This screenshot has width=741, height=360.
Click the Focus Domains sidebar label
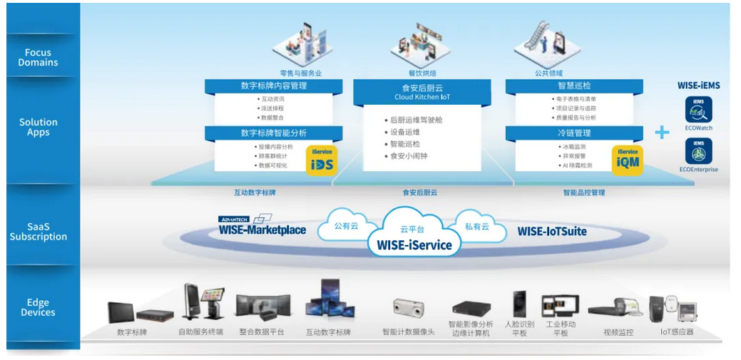point(38,57)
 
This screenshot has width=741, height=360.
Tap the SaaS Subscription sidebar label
point(38,232)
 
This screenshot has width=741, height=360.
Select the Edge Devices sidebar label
point(38,307)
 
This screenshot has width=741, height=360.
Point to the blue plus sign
point(663,132)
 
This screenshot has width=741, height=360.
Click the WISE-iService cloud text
point(409,245)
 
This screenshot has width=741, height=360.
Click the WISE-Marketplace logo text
point(262,230)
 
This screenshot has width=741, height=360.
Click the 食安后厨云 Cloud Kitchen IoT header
point(421,91)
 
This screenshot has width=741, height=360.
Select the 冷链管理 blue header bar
point(573,133)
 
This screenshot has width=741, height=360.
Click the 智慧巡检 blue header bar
point(573,86)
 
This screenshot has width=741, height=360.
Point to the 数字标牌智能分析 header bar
point(274,133)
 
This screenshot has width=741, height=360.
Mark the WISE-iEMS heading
point(698,86)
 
